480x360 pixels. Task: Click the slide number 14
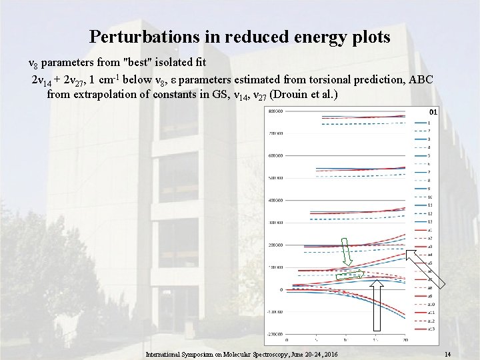pyautogui.click(x=448, y=353)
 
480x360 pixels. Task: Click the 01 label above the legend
pyautogui.click(x=432, y=111)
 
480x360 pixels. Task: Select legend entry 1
pyautogui.click(x=429, y=123)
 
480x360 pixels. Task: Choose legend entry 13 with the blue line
pyautogui.click(x=430, y=221)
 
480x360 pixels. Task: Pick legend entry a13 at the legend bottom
pyautogui.click(x=431, y=329)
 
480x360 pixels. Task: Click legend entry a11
pyautogui.click(x=431, y=312)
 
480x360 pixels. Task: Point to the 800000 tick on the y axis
pyautogui.click(x=274, y=111)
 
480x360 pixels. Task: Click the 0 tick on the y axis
pyautogui.click(x=281, y=290)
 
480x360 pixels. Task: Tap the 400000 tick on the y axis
pyautogui.click(x=274, y=200)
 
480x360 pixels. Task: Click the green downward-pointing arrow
pyautogui.click(x=347, y=252)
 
